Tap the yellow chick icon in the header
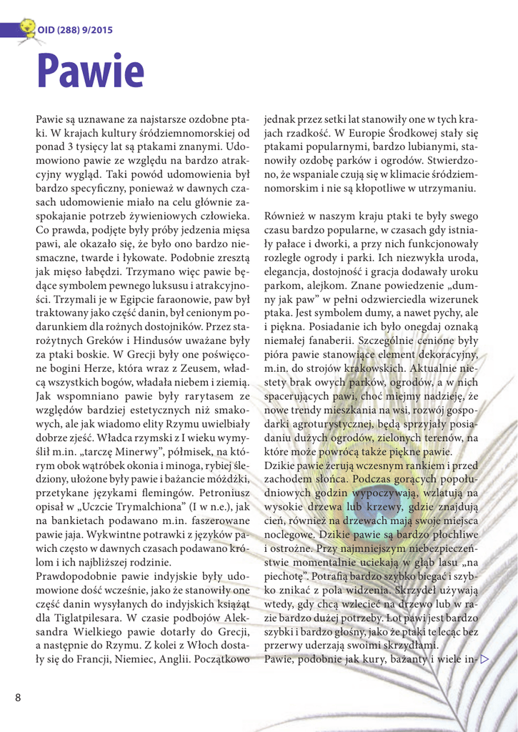[x=26, y=29]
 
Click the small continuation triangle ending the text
[x=484, y=659]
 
